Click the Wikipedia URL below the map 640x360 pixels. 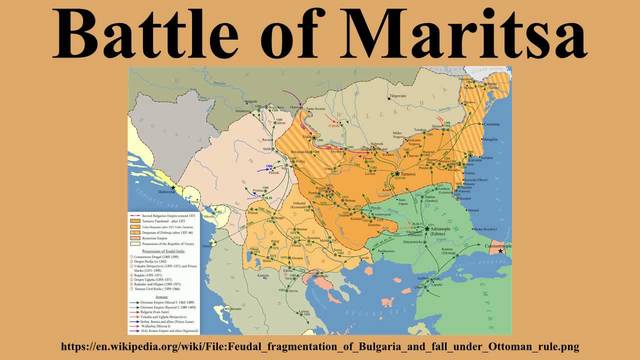(x=320, y=346)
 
